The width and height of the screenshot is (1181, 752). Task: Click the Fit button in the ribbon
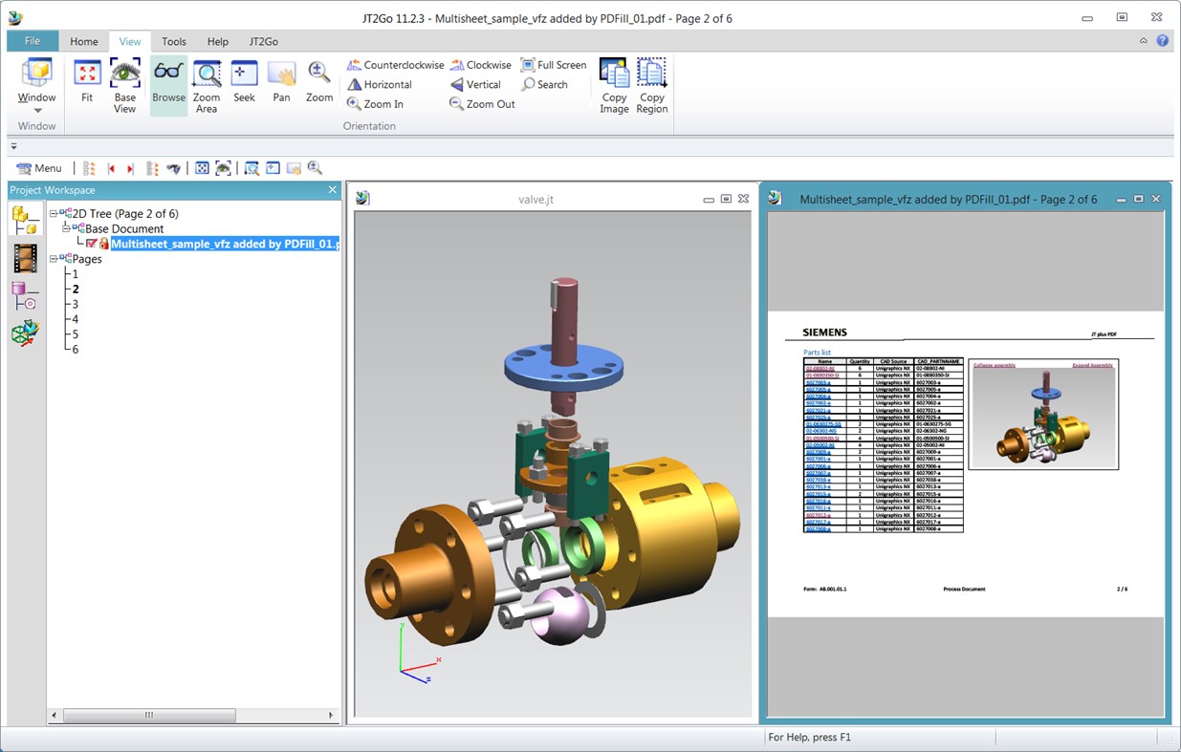point(87,84)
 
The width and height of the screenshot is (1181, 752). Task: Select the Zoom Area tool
point(207,84)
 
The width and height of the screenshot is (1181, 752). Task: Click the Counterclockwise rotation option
point(395,65)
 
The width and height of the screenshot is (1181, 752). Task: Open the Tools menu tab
point(174,41)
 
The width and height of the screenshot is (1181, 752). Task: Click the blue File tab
point(33,41)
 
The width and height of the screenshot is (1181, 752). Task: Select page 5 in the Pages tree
point(76,334)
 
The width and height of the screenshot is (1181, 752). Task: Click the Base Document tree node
point(124,228)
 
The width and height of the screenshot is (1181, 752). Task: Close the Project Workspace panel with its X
point(333,190)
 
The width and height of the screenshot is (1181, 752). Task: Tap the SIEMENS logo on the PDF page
point(824,333)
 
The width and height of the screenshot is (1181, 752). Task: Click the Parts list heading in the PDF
point(818,353)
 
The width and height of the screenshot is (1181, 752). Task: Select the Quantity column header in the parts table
point(859,361)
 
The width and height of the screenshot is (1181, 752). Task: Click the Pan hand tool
point(281,84)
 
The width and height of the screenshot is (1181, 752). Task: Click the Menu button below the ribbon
point(39,168)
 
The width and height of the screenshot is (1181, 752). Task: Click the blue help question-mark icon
point(1162,41)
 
